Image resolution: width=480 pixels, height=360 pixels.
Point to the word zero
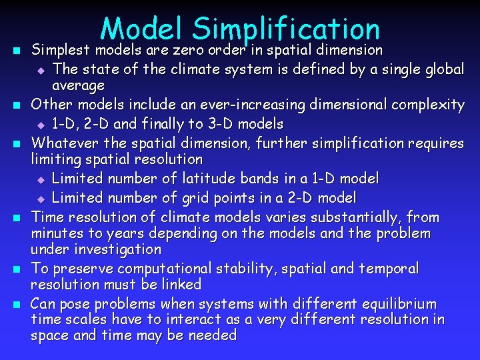(x=189, y=50)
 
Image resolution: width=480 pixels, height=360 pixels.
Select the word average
(x=79, y=86)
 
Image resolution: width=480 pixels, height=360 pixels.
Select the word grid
(x=194, y=198)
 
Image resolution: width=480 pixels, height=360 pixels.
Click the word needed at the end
(x=213, y=335)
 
